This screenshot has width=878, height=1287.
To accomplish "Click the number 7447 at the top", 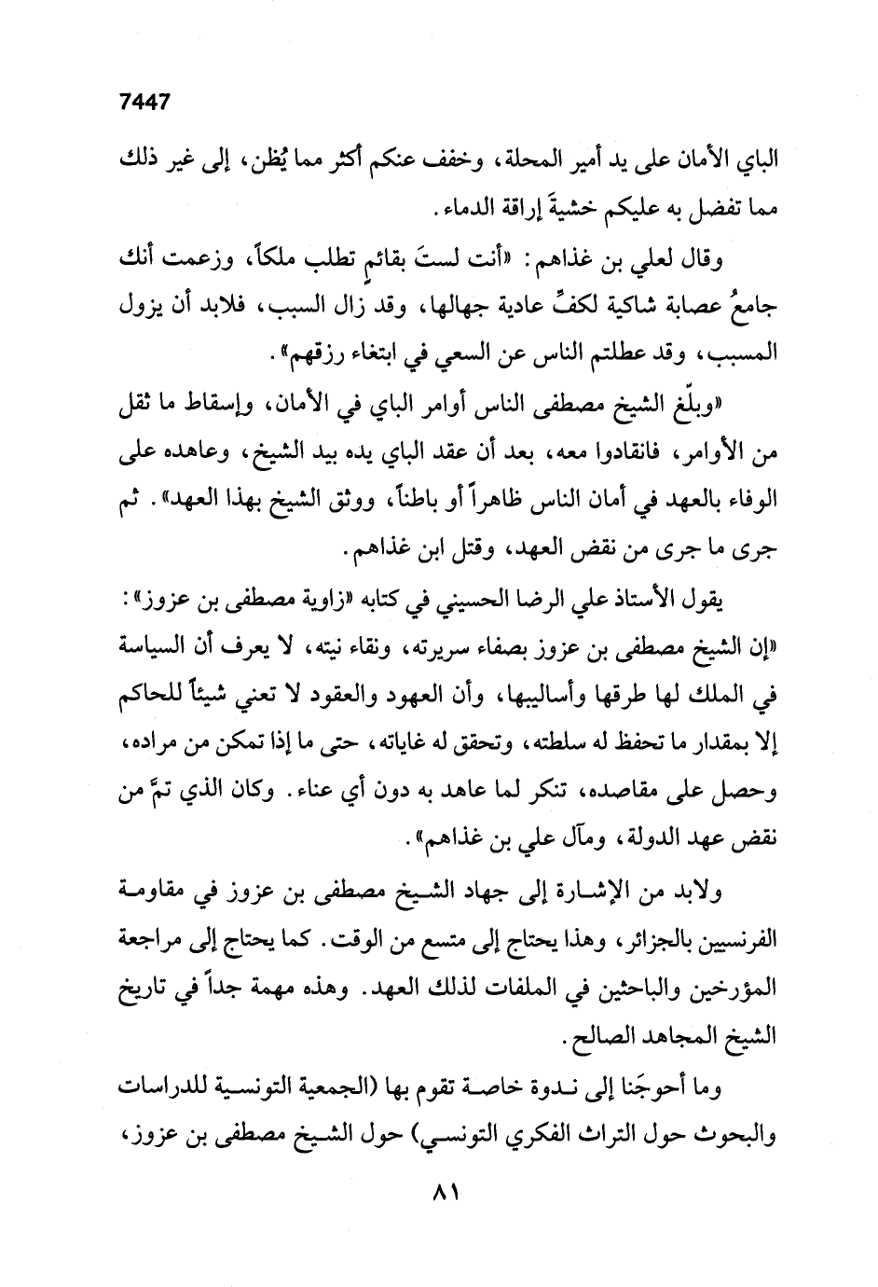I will (145, 103).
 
